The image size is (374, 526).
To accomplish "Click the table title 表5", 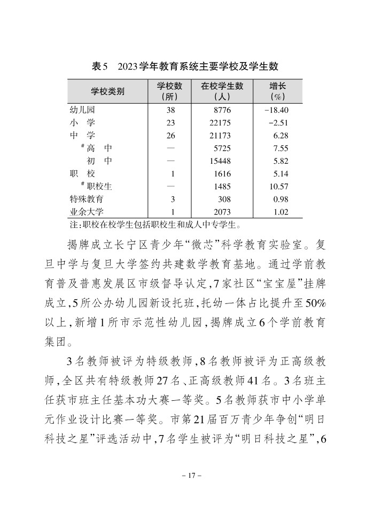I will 100,66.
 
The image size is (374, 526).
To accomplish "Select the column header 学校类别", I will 107,92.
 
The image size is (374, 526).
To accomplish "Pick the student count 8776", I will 222,110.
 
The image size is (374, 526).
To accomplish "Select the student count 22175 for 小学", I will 222,123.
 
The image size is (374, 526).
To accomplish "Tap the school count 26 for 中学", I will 171,136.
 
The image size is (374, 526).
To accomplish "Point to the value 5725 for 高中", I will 222,148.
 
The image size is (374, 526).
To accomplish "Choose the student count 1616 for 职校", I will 222,174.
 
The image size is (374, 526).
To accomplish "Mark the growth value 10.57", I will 278,187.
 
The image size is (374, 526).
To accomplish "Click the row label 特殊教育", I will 87,199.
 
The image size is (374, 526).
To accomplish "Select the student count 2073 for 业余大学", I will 222,212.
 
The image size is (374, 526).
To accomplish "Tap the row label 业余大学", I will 87,212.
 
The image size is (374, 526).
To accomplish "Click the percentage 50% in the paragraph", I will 315,303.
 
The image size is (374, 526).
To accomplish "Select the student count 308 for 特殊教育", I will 224,199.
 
